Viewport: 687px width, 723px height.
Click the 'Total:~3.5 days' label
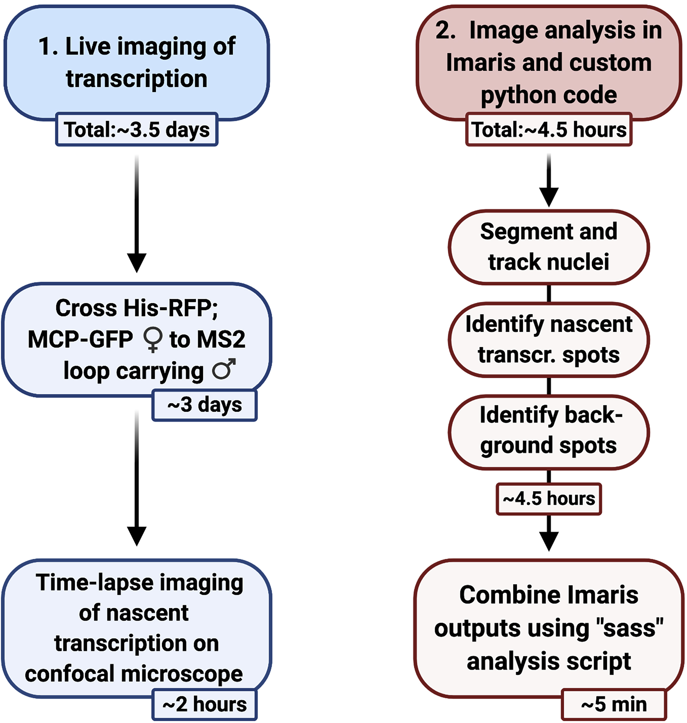(137, 130)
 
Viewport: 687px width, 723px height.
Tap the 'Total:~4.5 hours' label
(549, 130)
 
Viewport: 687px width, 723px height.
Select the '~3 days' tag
(204, 405)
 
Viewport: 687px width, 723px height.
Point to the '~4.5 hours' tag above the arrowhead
(549, 498)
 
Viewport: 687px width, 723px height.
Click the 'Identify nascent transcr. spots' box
(549, 339)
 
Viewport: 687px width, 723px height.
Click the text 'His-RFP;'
(171, 308)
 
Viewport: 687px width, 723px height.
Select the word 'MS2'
(221, 340)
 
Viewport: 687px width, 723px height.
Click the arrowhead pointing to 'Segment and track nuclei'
(549, 197)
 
